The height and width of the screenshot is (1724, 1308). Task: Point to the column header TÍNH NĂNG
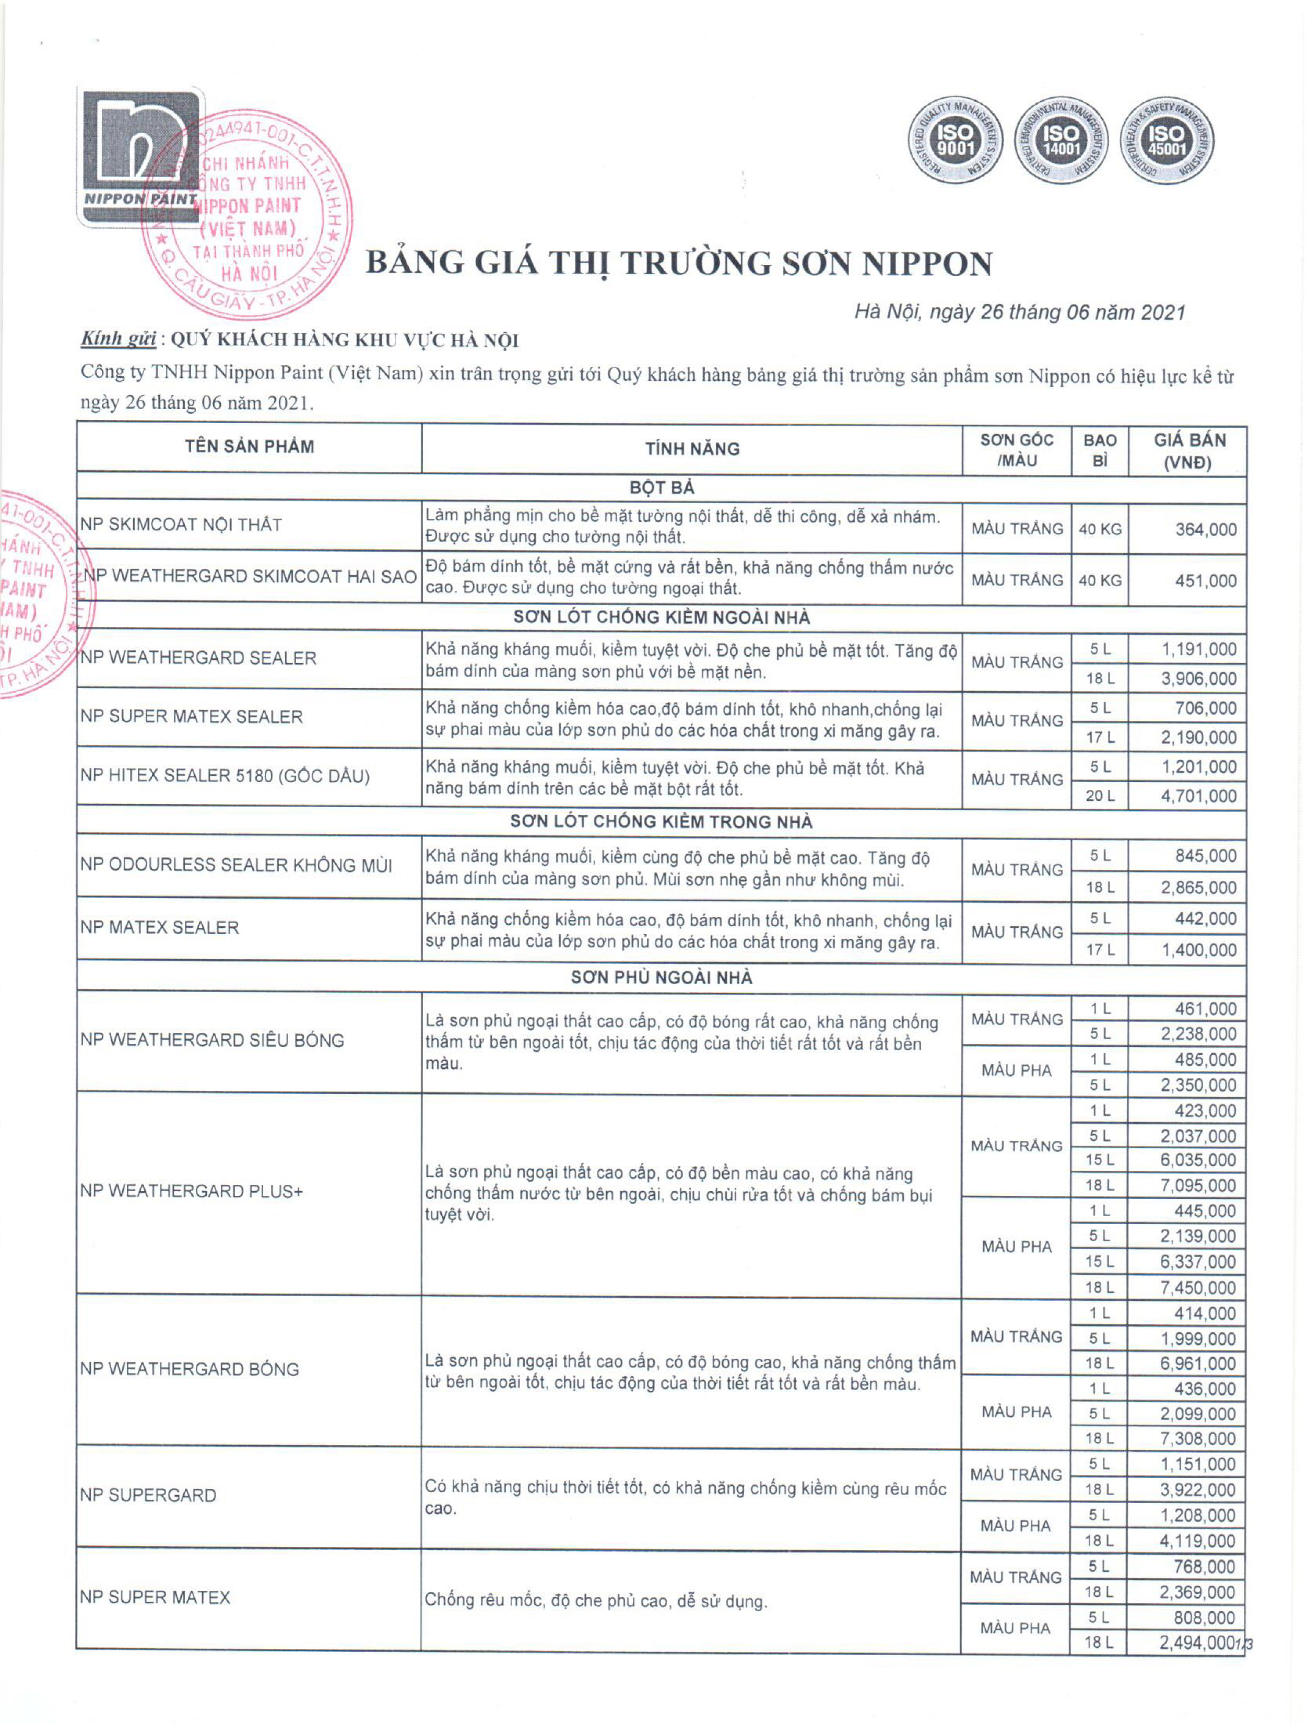tap(692, 449)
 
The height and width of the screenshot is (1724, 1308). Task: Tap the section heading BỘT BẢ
tap(662, 488)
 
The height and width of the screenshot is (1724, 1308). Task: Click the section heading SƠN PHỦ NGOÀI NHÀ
tap(662, 977)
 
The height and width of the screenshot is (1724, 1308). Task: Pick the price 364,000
tap(1205, 530)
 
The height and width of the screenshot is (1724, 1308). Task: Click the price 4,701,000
tap(1198, 796)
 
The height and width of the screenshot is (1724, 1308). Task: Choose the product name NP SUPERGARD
tap(148, 1495)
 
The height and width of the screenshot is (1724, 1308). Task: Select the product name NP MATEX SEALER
tap(160, 927)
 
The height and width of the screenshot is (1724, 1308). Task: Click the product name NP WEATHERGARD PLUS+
tap(192, 1191)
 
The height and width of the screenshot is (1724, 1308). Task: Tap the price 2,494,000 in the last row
tap(1197, 1643)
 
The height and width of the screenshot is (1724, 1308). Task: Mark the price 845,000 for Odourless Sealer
tap(1205, 856)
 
